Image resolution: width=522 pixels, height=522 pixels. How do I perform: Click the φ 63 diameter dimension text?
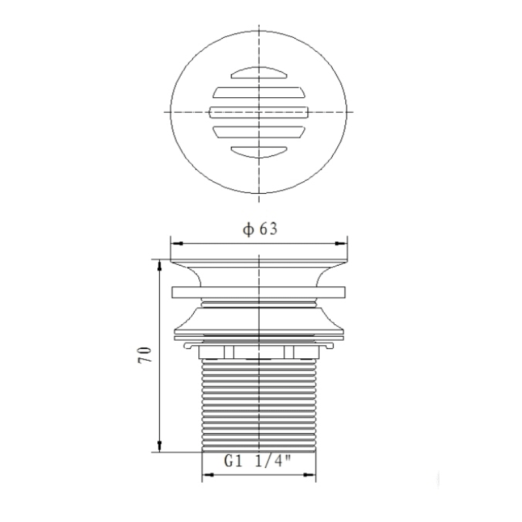(x=260, y=230)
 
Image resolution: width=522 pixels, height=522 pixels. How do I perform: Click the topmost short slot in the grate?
(x=259, y=71)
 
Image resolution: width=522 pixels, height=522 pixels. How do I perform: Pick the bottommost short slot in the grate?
(x=259, y=152)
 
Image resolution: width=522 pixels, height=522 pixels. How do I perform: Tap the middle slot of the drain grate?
(x=259, y=112)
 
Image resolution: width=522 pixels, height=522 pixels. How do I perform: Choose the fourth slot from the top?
(x=259, y=132)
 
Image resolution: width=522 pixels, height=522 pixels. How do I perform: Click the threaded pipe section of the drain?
(x=259, y=405)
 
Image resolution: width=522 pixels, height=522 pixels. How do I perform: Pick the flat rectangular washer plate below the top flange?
(x=259, y=294)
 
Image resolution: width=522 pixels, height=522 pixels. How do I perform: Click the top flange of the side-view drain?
(x=259, y=264)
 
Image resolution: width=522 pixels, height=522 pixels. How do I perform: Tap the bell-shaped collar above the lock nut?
(x=259, y=320)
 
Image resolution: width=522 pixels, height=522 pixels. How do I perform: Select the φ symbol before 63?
(x=247, y=230)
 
